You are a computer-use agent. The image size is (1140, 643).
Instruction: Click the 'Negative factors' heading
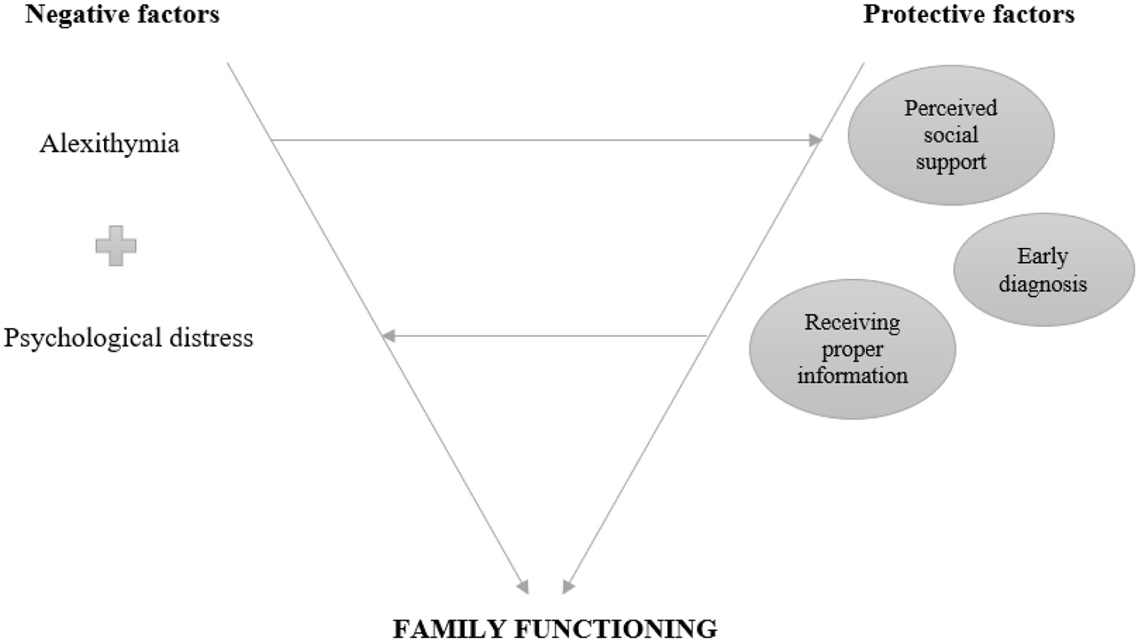pos(123,14)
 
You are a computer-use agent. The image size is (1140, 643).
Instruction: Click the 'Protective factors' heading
pos(968,14)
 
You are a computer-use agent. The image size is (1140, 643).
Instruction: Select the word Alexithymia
pos(109,143)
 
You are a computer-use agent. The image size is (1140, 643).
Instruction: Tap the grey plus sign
pos(116,246)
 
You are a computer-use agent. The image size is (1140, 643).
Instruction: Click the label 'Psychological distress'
pos(128,338)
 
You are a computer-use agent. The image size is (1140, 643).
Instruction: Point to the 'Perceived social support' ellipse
pos(951,134)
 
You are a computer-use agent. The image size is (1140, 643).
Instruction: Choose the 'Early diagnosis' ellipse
pos(1043,270)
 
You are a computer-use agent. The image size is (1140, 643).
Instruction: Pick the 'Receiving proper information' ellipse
pos(852,349)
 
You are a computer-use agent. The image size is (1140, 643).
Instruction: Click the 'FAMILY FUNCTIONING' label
pos(555,628)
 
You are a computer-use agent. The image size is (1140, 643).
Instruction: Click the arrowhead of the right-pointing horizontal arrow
pos(815,140)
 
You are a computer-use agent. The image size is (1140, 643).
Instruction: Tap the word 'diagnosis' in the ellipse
pos(1043,284)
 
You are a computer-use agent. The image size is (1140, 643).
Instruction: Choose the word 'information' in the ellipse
pos(852,376)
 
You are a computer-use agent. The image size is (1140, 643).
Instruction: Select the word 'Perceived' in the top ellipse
pos(951,108)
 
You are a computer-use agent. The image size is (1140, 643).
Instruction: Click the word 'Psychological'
pos(82,338)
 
